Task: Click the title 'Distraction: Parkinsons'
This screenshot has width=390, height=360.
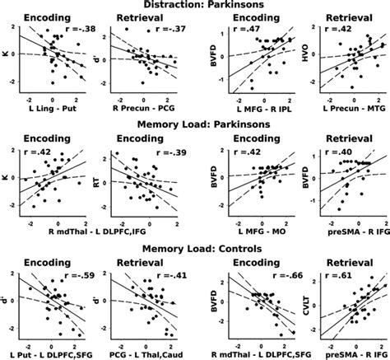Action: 195,5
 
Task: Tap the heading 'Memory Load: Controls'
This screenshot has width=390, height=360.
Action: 195,244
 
